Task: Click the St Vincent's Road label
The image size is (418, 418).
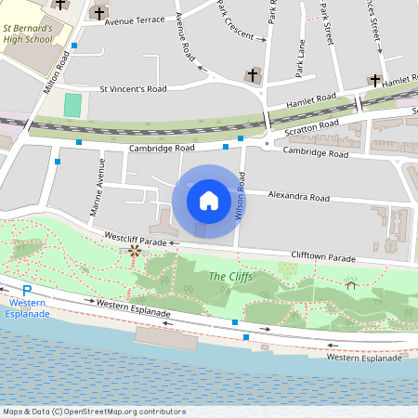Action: (x=133, y=89)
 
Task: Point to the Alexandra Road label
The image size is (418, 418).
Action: (x=298, y=197)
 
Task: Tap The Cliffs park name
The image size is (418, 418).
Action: (x=227, y=276)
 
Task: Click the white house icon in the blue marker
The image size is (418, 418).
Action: (x=209, y=200)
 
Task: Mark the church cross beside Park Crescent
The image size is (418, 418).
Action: (x=252, y=74)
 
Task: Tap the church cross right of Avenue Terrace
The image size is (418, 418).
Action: (x=100, y=13)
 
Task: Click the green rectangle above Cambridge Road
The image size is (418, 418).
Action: (x=72, y=105)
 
